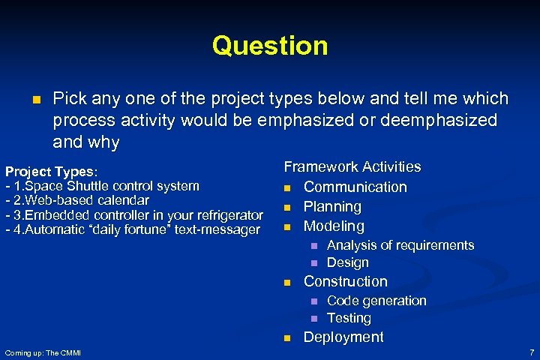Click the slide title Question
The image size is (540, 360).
(270, 46)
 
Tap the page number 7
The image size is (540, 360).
(531, 352)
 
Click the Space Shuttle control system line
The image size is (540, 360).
(103, 185)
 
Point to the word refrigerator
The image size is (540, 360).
(227, 215)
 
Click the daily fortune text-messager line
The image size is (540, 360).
(133, 229)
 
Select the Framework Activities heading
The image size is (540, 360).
(352, 166)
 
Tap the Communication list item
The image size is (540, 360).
(355, 187)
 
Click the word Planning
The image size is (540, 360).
(332, 206)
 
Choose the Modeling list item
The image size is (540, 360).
(334, 226)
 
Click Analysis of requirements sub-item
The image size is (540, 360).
(400, 245)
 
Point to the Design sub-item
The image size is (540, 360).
(348, 262)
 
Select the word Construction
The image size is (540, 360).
(345, 281)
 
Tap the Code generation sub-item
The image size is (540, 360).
(376, 301)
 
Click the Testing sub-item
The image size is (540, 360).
(349, 318)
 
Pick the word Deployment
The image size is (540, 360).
(343, 337)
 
